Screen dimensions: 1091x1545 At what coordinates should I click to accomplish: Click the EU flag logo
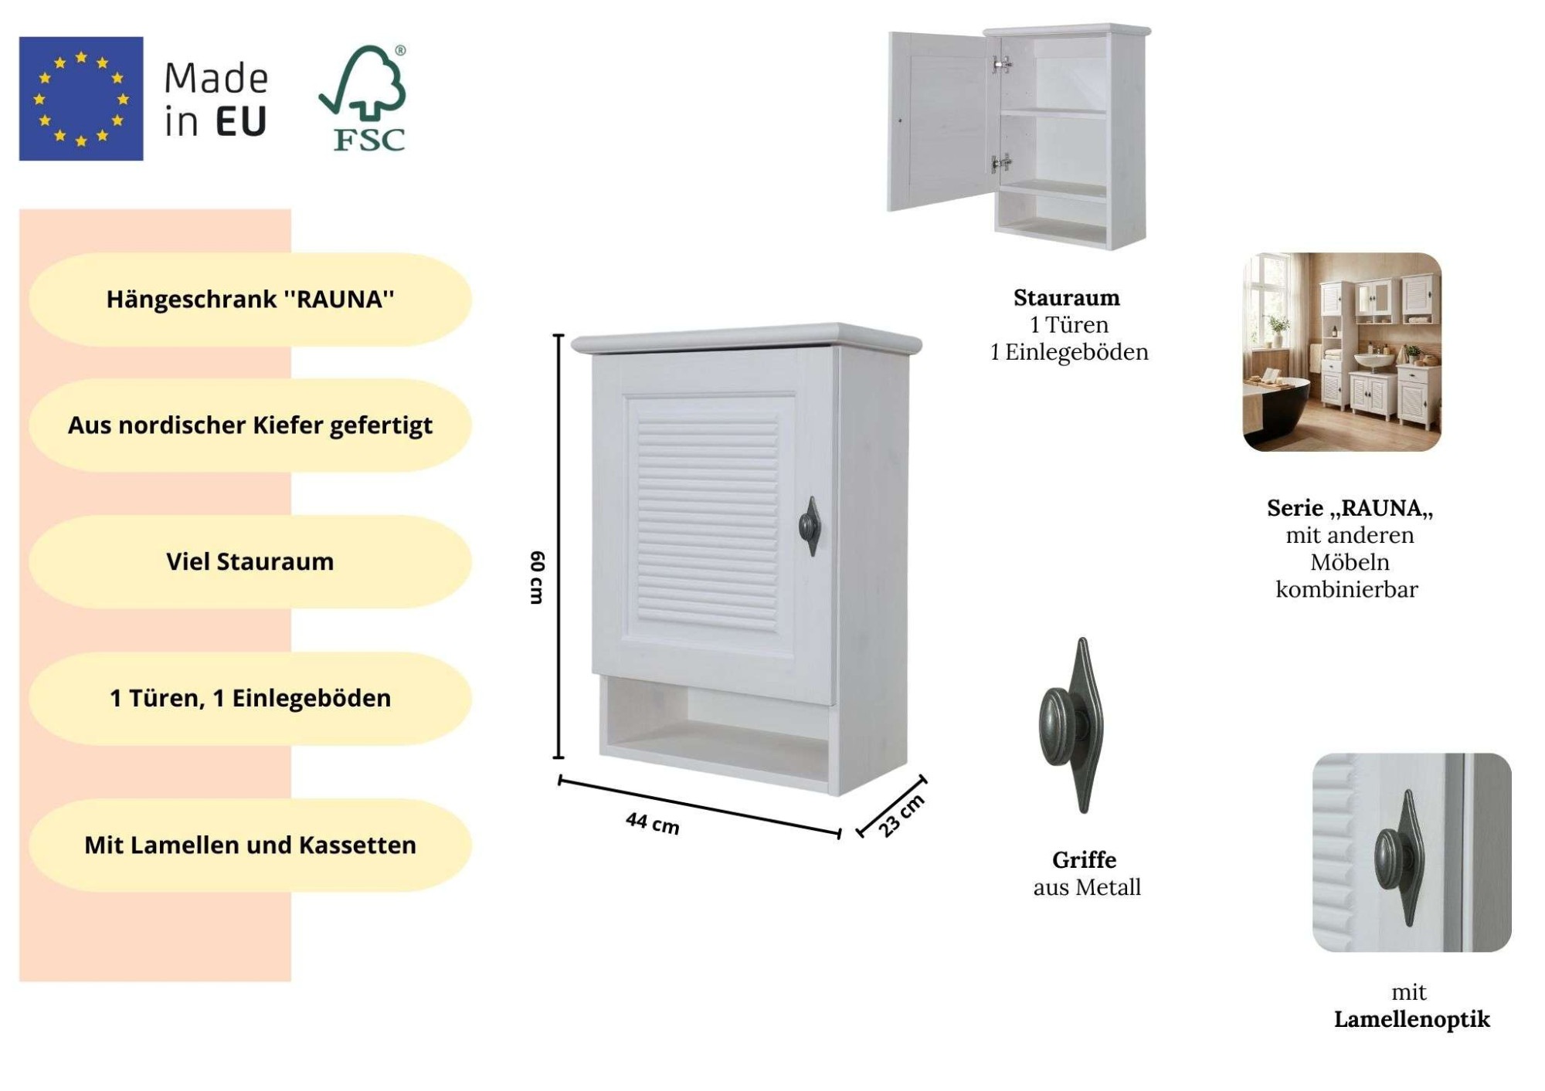(81, 99)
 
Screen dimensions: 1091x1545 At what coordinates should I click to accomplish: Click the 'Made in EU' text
(216, 100)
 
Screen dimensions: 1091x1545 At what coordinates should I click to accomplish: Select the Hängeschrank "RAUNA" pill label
(250, 300)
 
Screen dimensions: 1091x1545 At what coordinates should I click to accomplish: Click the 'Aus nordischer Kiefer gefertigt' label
(250, 425)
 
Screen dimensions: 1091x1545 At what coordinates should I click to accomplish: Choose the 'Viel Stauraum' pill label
(250, 562)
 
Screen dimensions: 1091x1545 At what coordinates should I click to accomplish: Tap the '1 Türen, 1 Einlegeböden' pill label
(250, 699)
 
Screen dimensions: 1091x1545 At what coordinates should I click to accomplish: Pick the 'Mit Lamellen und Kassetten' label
(250, 845)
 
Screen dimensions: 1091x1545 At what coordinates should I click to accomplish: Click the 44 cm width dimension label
(653, 823)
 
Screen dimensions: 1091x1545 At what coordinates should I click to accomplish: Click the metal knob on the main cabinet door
(809, 527)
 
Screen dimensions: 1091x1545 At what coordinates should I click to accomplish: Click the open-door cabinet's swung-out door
(937, 121)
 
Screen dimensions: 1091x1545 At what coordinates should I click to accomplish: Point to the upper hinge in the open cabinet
(1002, 64)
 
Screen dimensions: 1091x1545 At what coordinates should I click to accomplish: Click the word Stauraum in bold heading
(1066, 298)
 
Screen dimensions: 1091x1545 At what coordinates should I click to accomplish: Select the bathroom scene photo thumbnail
(1342, 352)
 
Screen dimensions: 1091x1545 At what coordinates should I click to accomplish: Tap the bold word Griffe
(1084, 860)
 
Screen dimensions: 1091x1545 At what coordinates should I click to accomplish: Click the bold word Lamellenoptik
(1411, 1019)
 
